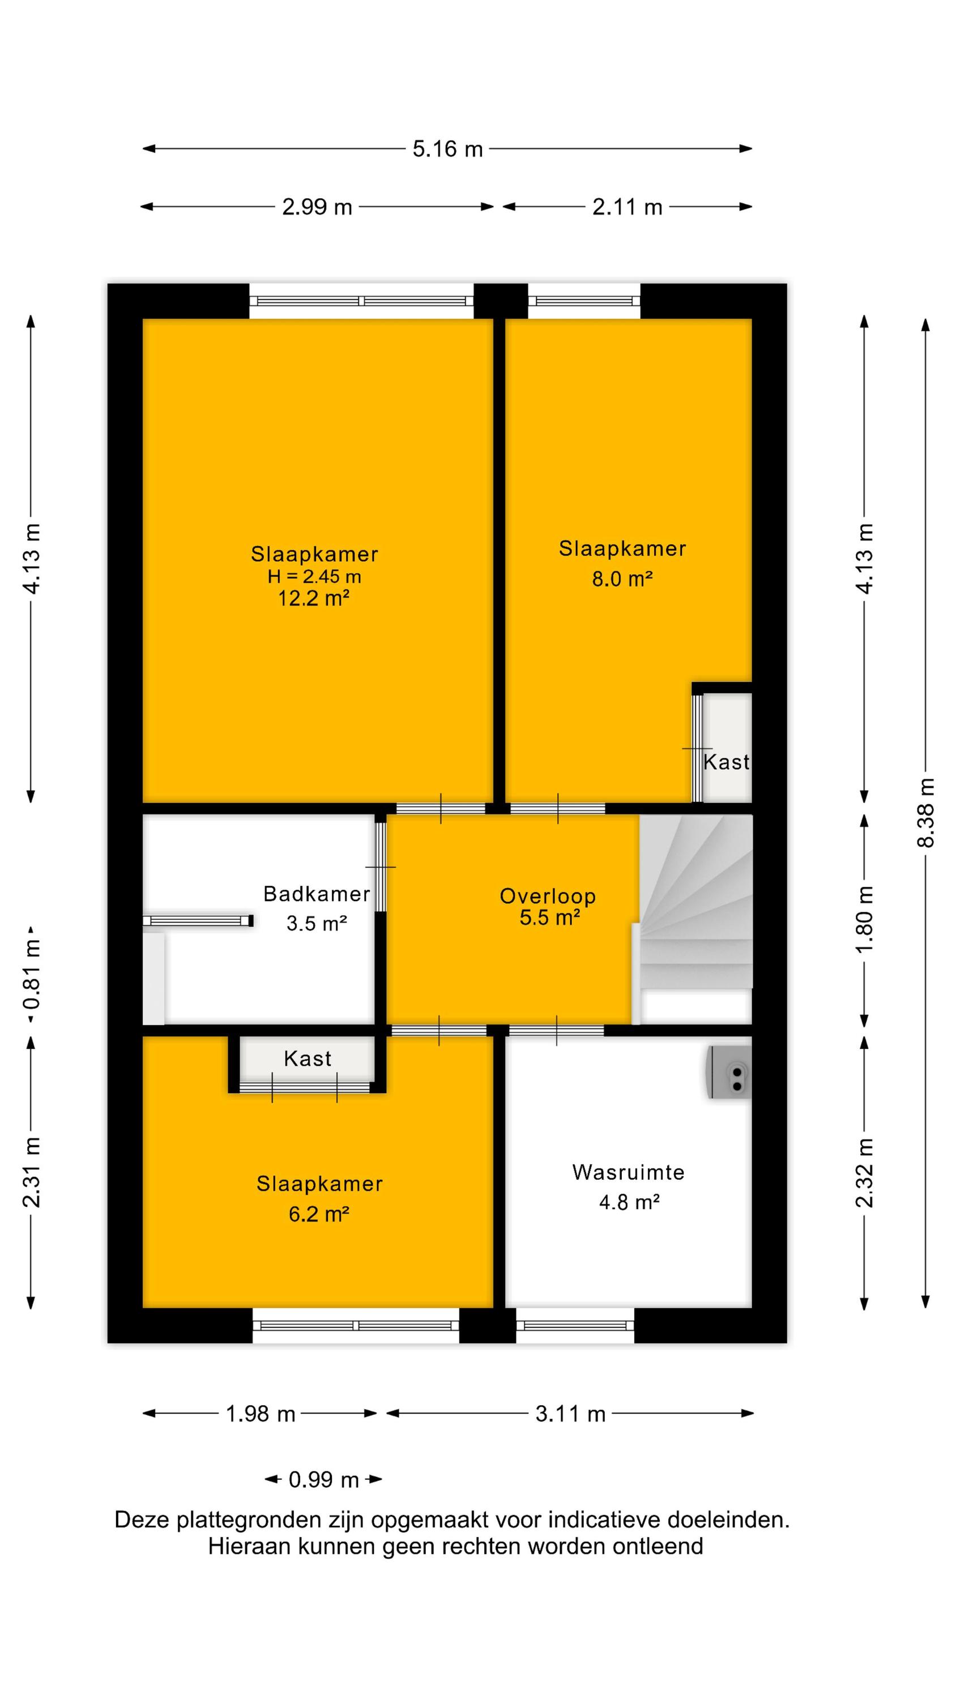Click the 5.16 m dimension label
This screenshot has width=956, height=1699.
coord(447,149)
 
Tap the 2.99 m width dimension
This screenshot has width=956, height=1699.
coord(317,207)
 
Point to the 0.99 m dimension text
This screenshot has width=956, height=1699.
coord(323,1479)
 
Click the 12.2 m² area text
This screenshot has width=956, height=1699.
coord(313,598)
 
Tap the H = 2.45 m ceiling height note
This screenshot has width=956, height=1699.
coord(314,577)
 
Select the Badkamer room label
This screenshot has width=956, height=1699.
coord(317,894)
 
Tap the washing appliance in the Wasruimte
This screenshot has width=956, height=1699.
coord(729,1071)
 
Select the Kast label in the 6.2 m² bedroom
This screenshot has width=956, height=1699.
coord(308,1058)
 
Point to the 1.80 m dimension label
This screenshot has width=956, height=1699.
coord(864,919)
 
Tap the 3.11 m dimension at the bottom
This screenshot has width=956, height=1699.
coord(570,1414)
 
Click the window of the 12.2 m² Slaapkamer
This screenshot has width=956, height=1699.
coord(361,301)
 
